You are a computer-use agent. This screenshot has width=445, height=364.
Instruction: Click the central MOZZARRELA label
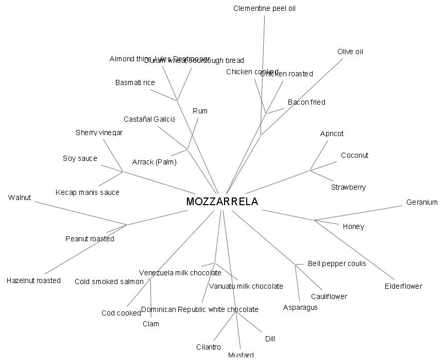[222, 202]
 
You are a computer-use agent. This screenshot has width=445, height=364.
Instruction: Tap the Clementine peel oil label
[264, 8]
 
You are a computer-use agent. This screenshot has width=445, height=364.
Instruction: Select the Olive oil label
[350, 52]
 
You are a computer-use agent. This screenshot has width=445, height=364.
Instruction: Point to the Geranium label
[421, 202]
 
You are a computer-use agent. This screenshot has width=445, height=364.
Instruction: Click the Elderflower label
[403, 286]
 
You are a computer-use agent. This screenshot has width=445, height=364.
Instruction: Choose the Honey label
[353, 226]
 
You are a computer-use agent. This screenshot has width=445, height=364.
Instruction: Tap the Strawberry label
[348, 187]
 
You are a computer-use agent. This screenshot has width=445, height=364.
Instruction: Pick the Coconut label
[354, 155]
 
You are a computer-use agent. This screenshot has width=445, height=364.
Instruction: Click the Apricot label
[332, 134]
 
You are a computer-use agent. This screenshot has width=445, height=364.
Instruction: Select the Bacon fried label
[306, 102]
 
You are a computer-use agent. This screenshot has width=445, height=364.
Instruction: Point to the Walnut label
[20, 197]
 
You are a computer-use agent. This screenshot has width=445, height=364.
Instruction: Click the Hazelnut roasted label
[33, 280]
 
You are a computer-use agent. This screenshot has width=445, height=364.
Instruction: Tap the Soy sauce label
[80, 158]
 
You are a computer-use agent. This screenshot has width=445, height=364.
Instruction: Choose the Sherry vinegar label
[99, 133]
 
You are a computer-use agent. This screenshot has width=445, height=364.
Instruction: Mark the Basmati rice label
[135, 82]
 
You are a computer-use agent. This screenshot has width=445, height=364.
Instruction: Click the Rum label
[200, 111]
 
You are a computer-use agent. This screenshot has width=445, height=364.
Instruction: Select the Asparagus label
[300, 307]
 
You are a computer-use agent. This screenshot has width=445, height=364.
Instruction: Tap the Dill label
[270, 339]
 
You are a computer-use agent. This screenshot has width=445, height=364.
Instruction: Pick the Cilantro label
[209, 347]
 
